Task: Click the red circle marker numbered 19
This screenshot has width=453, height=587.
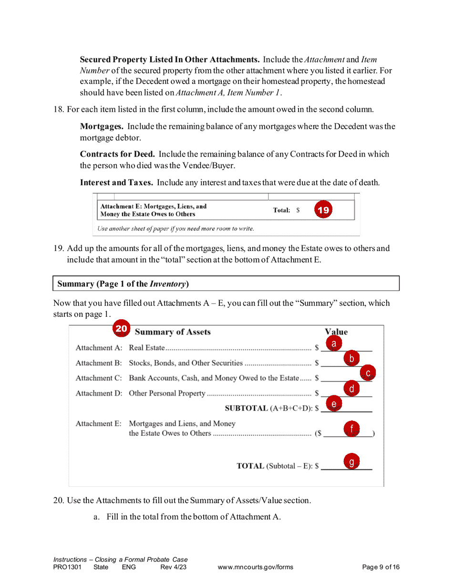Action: (x=323, y=210)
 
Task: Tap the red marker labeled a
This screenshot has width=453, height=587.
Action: (x=334, y=343)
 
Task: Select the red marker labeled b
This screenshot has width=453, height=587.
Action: (x=351, y=358)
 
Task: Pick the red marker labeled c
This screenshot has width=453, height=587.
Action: (x=368, y=373)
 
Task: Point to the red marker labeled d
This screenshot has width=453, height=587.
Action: (x=351, y=389)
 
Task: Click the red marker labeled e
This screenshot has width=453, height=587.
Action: (x=334, y=405)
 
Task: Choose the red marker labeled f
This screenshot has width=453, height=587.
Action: (x=351, y=429)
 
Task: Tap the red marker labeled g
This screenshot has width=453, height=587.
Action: (x=351, y=461)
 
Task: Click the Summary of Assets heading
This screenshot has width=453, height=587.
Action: (x=173, y=332)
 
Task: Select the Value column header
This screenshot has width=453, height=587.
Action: (x=336, y=332)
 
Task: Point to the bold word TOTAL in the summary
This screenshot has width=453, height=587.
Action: (x=250, y=466)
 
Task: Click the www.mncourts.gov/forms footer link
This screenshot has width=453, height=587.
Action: (x=255, y=567)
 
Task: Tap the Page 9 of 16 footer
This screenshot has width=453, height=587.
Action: (x=381, y=567)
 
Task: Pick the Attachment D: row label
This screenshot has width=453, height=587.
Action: (x=99, y=394)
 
